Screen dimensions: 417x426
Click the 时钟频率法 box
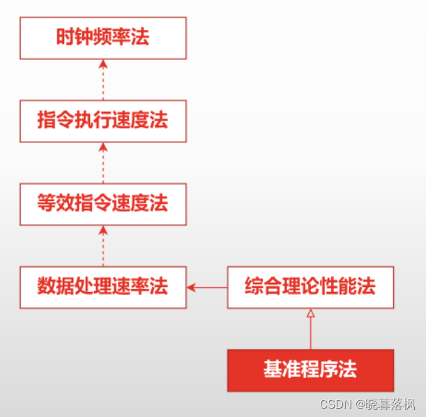(102, 38)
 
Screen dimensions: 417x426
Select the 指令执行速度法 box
(102, 121)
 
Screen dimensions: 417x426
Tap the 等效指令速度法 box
(102, 204)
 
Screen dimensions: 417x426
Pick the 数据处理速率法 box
(102, 286)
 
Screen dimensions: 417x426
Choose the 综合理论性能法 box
(310, 286)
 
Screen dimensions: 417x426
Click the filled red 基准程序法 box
(310, 370)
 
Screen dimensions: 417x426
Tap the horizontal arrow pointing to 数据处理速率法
(207, 286)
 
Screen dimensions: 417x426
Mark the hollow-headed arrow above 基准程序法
(310, 328)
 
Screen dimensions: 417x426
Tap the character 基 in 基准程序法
(273, 370)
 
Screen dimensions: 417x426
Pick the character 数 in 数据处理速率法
(47, 286)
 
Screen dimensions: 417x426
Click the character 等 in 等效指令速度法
(47, 204)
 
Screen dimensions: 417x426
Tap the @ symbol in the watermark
(361, 404)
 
